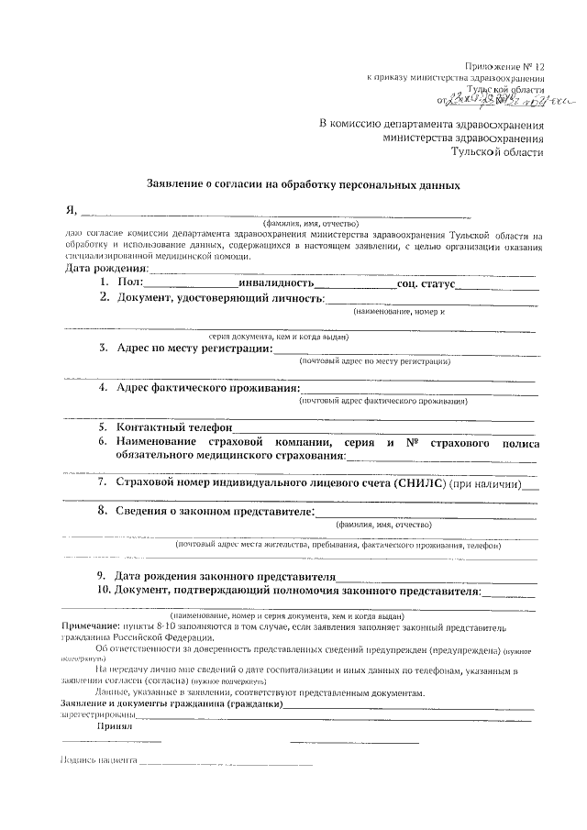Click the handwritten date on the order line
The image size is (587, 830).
pos(494,100)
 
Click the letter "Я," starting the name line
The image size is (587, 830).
pos(71,211)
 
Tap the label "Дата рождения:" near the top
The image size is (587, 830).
pos(105,269)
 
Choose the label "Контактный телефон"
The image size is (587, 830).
pos(174,427)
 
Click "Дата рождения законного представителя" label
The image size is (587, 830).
pos(226,575)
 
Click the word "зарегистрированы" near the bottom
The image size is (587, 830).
pos(95,713)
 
